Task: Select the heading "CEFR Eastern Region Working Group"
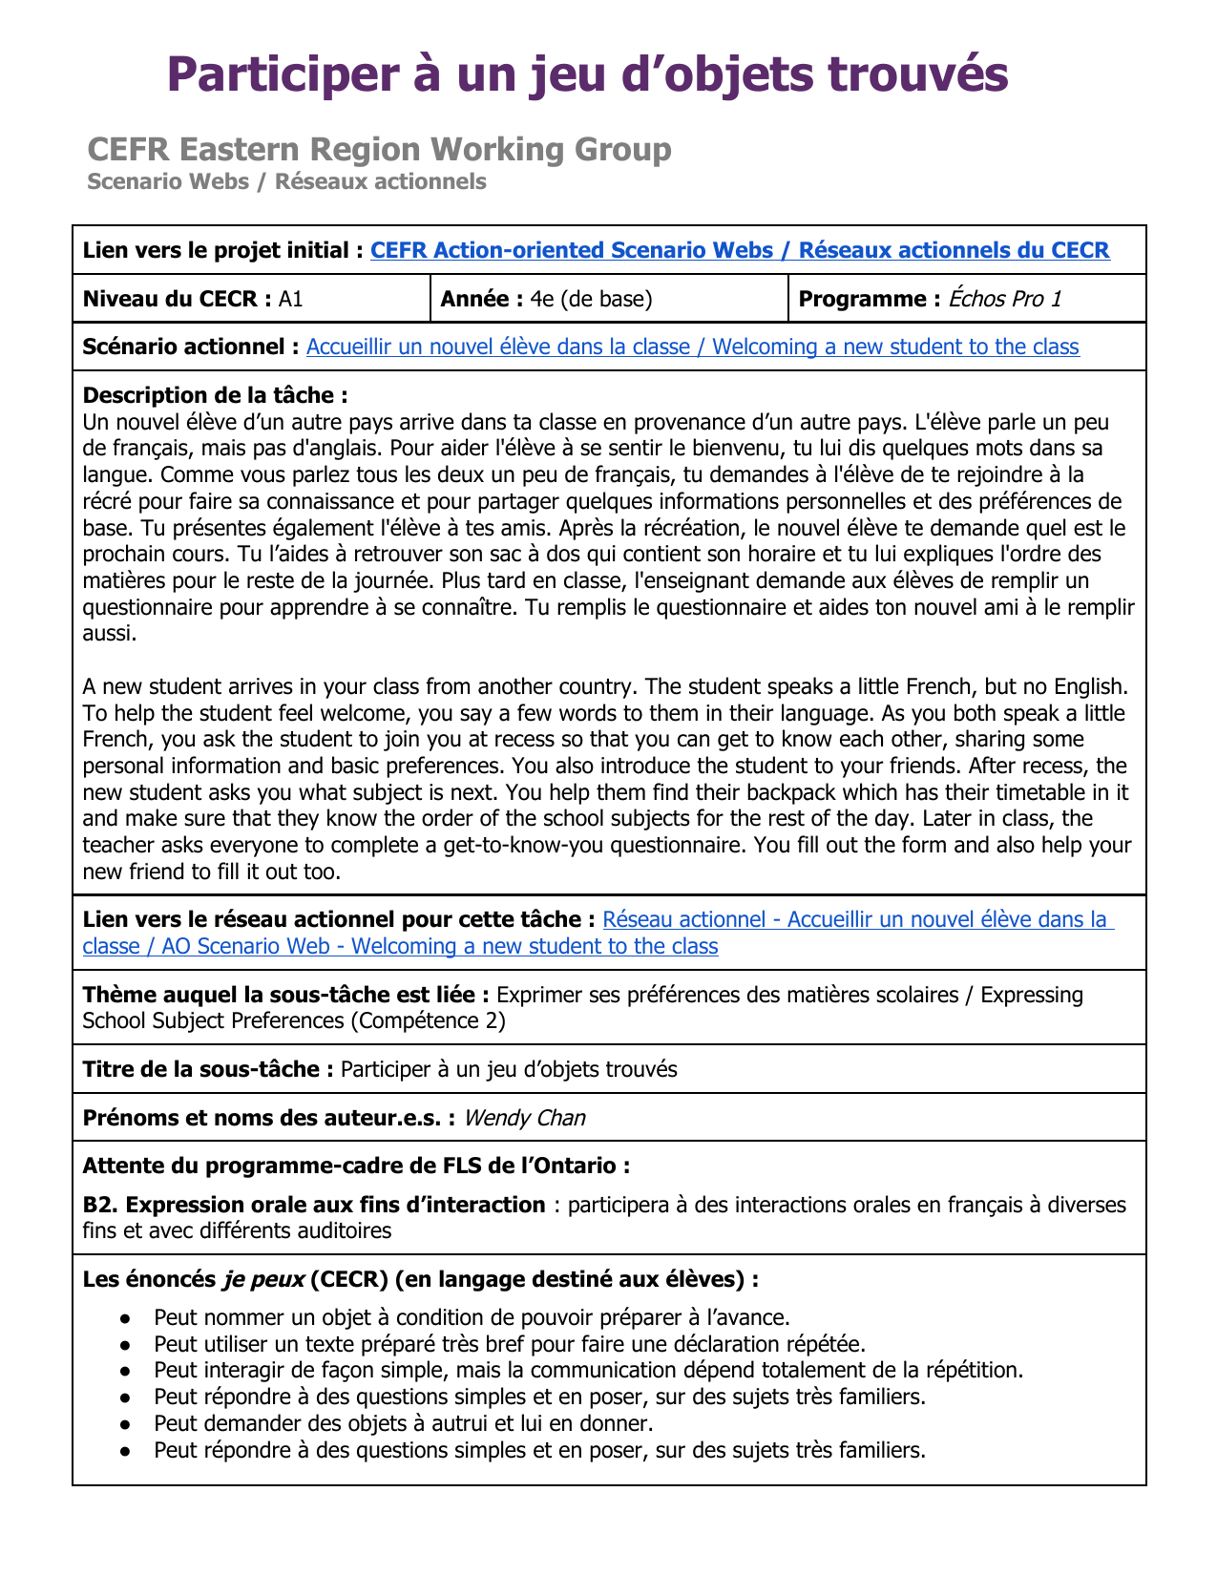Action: click(379, 149)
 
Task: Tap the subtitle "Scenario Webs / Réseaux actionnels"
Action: click(286, 181)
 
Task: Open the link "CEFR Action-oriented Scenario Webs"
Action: click(572, 250)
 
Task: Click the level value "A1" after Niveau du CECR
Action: click(290, 299)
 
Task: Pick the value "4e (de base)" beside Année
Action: click(591, 299)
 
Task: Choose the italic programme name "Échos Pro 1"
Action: click(1004, 299)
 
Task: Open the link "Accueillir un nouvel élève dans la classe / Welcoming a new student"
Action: click(692, 347)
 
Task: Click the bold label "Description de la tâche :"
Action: click(215, 395)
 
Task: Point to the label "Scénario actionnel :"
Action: click(191, 347)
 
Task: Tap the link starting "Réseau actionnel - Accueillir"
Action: click(854, 919)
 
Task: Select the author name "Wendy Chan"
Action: click(524, 1118)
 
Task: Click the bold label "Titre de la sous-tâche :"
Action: click(208, 1069)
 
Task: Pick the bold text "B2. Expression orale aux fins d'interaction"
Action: click(313, 1205)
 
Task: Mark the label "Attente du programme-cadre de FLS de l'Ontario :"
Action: click(356, 1166)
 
